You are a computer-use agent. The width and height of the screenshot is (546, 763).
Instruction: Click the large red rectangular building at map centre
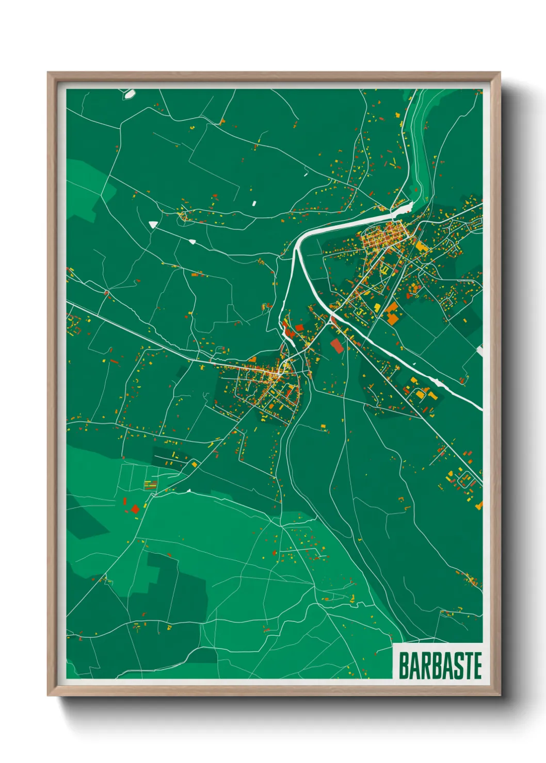tap(336, 345)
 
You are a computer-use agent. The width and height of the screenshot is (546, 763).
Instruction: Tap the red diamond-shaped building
tap(135, 509)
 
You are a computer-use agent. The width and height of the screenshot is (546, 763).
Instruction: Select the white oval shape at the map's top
tap(129, 94)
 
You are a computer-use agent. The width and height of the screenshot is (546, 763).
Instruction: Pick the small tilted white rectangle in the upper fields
tap(254, 203)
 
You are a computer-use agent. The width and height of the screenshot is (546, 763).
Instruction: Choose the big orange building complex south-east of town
tap(393, 313)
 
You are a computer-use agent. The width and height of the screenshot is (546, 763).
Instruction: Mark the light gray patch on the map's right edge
tap(479, 351)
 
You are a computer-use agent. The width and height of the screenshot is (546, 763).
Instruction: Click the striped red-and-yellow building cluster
tap(150, 484)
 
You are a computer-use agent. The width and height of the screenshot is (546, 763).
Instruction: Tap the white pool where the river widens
tap(403, 208)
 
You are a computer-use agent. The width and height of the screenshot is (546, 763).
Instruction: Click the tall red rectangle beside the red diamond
tap(124, 501)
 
